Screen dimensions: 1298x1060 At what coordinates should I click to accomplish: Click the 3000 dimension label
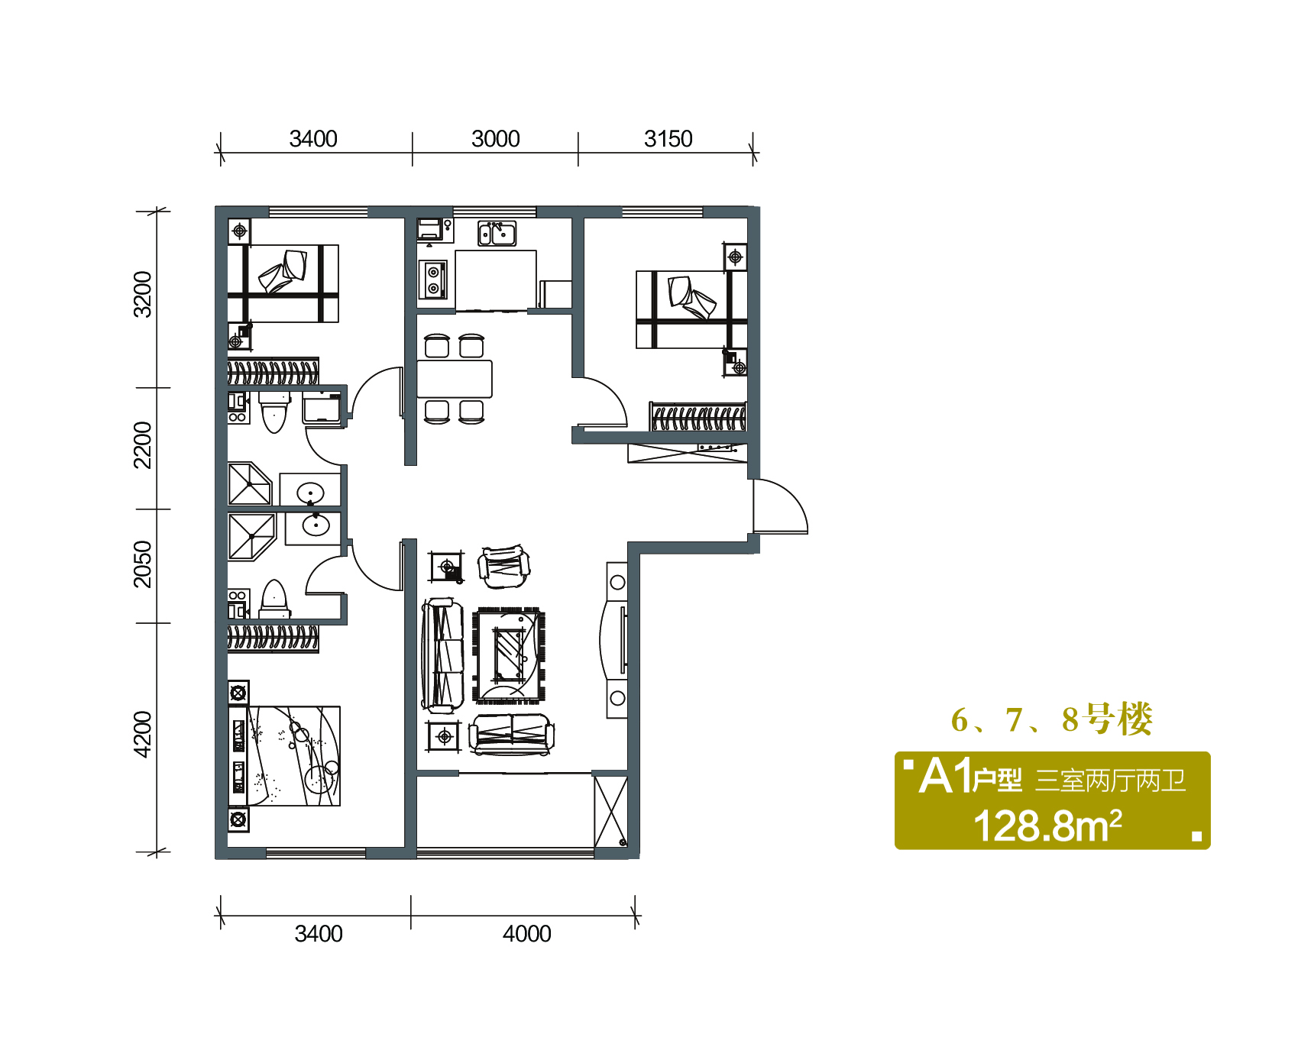coord(495,139)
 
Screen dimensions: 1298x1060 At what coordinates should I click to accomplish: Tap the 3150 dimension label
coord(668,139)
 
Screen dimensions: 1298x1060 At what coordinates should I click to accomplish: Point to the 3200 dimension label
coord(143,294)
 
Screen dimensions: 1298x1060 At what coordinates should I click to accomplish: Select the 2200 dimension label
coord(143,444)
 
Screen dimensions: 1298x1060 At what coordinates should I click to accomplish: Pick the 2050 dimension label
coord(143,564)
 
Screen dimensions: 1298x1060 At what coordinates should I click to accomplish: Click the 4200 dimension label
coord(143,735)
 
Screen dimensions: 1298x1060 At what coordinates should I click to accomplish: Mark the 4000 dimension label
coord(526,934)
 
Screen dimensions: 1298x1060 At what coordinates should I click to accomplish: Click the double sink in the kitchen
coord(497,233)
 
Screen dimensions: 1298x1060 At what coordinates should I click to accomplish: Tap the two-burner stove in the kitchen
coord(434,280)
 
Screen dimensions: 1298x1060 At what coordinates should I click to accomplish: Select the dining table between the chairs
coord(455,379)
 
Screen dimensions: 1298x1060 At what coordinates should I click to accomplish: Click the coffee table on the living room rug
coord(508,655)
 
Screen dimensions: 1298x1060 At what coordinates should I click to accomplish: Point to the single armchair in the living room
coord(503,567)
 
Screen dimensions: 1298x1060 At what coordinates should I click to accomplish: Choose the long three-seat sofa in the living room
coord(442,656)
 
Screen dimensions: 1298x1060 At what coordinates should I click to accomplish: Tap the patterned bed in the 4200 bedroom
coord(294,756)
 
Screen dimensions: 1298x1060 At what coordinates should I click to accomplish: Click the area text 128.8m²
coord(1047,826)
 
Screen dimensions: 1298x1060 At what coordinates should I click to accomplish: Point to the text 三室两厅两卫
coord(1110,780)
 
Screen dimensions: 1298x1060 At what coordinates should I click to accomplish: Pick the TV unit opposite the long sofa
coord(617,640)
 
